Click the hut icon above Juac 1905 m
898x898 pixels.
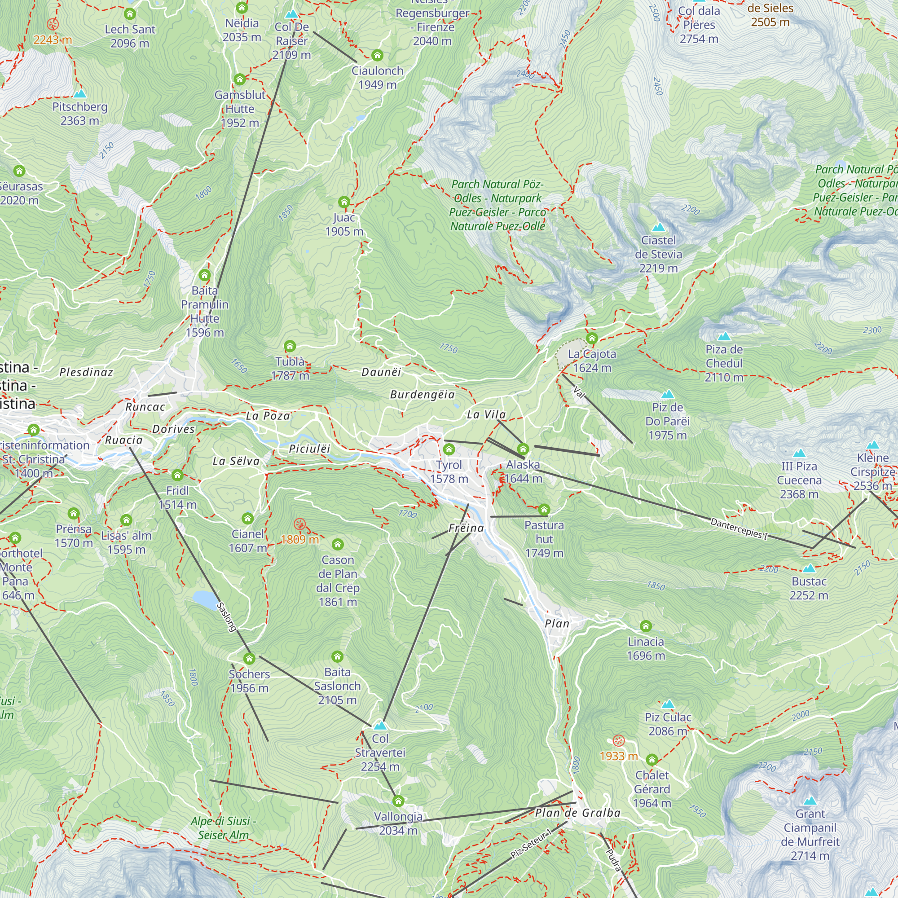[344, 202]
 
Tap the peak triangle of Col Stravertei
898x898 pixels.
[380, 725]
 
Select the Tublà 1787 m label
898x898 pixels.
[290, 368]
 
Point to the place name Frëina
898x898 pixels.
[466, 528]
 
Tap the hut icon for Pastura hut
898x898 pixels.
[544, 510]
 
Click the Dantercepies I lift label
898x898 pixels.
[739, 528]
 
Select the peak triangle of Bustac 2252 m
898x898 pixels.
[809, 568]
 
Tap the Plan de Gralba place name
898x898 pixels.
[578, 813]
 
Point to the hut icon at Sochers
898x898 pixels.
[249, 658]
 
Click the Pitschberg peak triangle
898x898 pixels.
[80, 94]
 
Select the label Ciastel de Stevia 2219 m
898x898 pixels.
[658, 254]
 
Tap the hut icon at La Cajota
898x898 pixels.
[591, 338]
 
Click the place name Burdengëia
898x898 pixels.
[422, 394]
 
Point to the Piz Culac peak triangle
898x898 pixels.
[668, 704]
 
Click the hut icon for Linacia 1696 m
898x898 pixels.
[646, 626]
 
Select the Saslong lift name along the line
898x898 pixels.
[227, 617]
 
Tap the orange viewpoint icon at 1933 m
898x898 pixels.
[618, 740]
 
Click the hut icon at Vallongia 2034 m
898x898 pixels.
[398, 801]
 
